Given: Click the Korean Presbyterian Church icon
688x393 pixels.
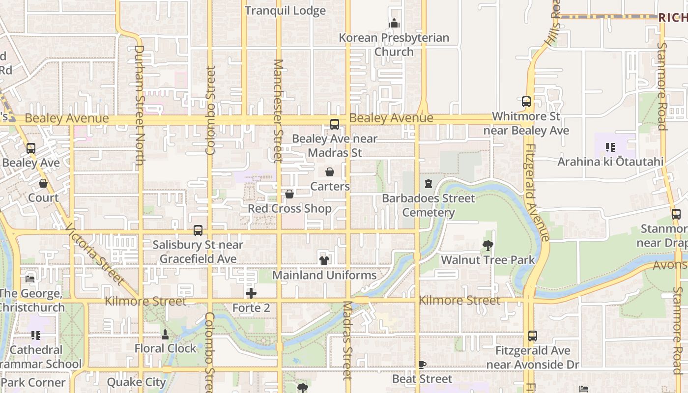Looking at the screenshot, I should (394, 23).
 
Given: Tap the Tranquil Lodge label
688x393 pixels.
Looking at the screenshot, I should (285, 11).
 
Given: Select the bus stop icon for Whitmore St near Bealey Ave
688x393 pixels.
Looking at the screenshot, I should (526, 102).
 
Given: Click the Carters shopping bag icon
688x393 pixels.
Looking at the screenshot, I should (330, 172).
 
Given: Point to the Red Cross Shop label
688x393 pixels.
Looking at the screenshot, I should (289, 209).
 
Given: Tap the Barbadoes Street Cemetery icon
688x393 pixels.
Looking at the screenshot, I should (429, 184).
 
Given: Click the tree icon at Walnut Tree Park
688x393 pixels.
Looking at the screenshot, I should (487, 245).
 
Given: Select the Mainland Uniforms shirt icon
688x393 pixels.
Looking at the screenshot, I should (324, 260).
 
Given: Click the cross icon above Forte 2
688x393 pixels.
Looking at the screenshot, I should (251, 293).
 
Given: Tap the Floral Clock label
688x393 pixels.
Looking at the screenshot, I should (166, 348).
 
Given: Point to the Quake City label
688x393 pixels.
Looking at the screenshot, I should (137, 382).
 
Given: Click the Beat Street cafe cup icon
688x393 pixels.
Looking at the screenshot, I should (422, 365).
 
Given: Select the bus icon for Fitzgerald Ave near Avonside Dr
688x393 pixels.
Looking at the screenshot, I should (533, 336).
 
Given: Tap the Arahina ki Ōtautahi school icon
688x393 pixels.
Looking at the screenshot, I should (610, 147).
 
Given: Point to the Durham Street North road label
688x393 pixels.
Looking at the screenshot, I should (139, 105).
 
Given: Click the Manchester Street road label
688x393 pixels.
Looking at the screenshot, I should (278, 111).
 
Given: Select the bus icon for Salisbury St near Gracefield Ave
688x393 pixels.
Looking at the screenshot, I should (198, 230).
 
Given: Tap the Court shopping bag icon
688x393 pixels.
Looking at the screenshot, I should (43, 183).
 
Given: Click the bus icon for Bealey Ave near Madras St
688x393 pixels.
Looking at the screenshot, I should (335, 124).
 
